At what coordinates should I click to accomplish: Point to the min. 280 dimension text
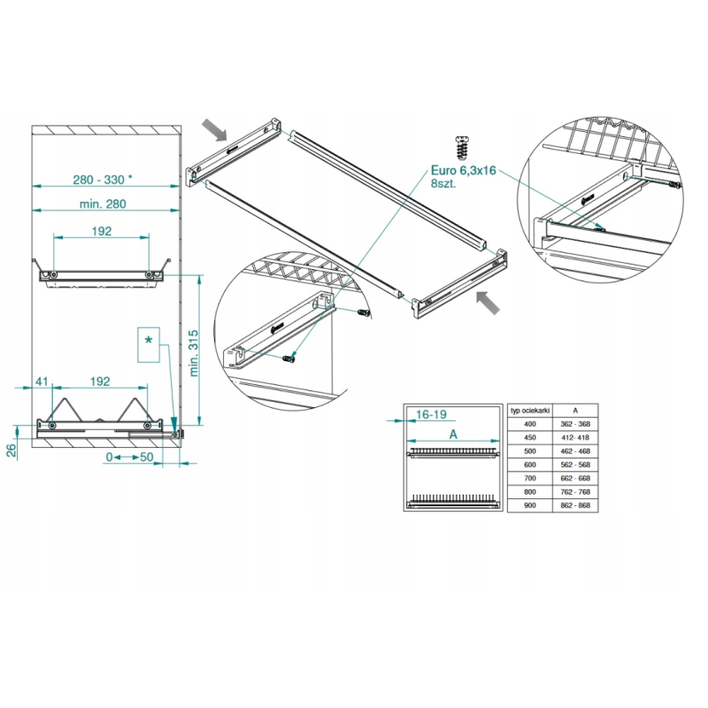[x=103, y=204]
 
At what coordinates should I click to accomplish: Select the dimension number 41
[x=42, y=381]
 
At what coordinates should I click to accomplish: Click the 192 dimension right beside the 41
[x=99, y=381]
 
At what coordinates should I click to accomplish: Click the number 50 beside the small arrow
[x=146, y=458]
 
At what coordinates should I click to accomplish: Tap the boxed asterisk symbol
[x=149, y=340]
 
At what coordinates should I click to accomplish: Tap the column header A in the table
[x=575, y=411]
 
